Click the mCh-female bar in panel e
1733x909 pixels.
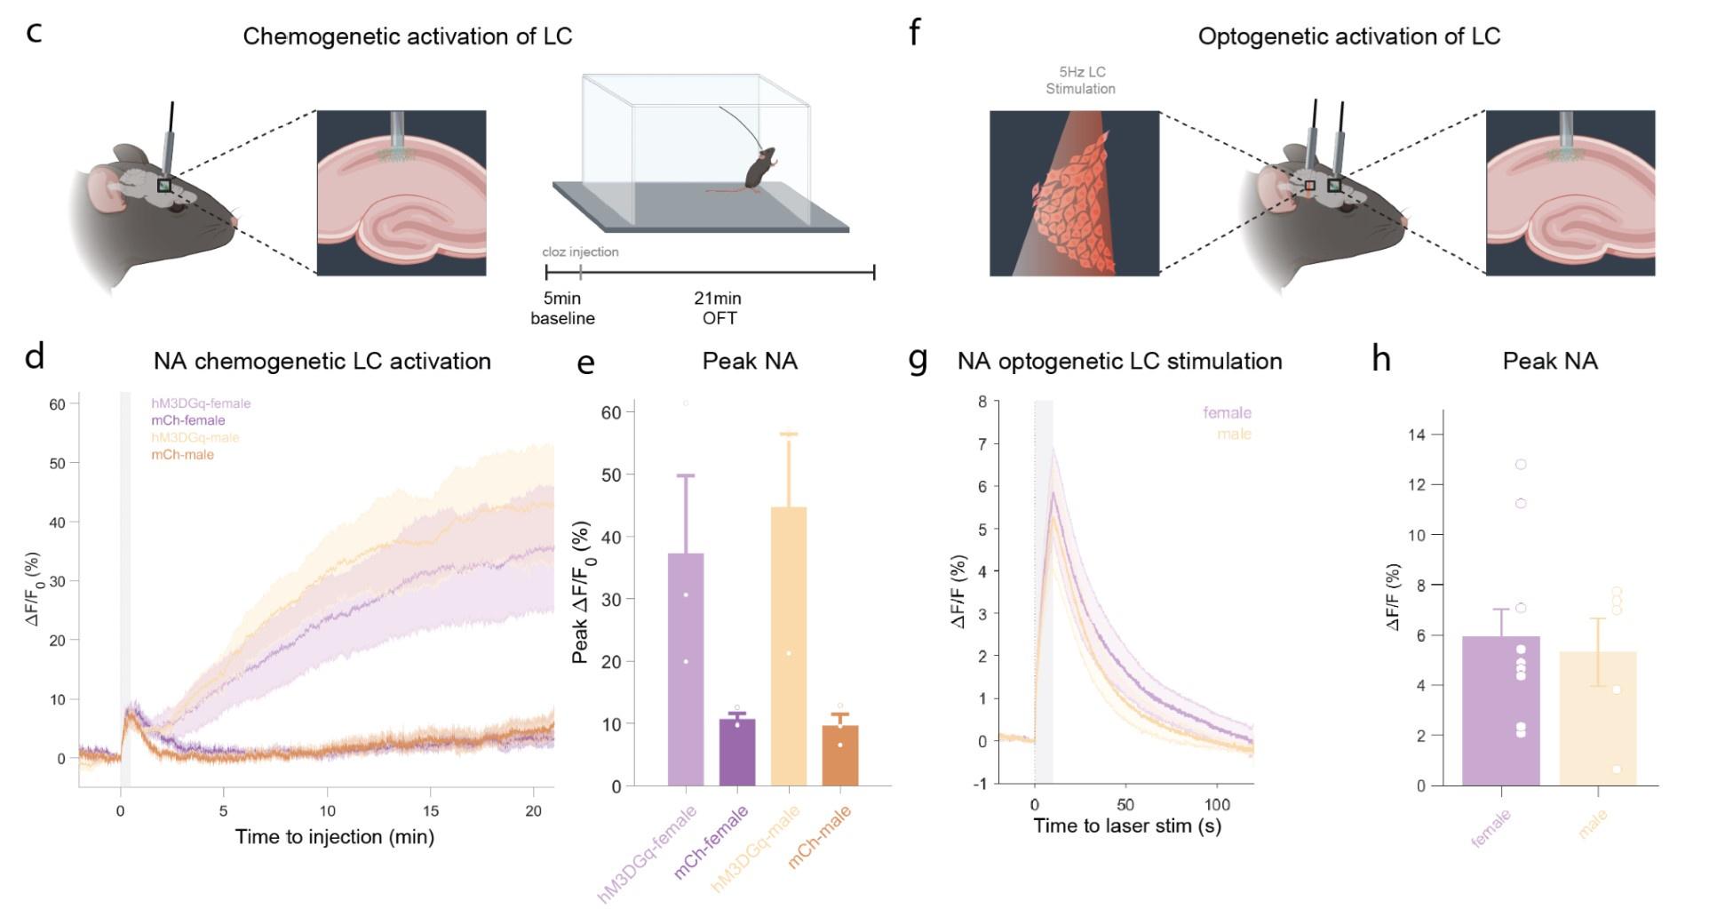point(736,753)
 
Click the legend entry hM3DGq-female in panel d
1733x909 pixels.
point(201,403)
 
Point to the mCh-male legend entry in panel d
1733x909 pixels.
point(182,455)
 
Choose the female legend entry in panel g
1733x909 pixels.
point(1227,413)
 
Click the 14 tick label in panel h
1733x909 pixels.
point(1416,435)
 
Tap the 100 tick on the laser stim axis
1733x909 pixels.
point(1217,805)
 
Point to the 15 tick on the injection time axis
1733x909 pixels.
point(431,810)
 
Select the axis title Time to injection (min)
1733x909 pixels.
point(334,837)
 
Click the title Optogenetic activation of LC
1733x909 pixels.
point(1348,36)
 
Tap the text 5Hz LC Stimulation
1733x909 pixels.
point(1080,80)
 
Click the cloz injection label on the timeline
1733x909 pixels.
point(580,252)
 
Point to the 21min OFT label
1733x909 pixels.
point(718,308)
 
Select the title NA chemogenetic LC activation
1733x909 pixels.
point(322,362)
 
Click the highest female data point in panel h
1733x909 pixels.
point(1521,465)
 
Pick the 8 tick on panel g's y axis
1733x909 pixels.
point(982,402)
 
